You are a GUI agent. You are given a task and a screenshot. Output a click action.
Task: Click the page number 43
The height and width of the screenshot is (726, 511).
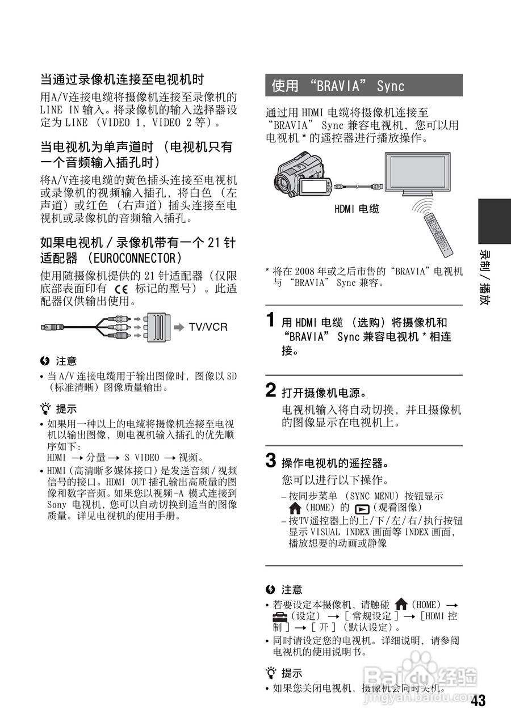click(x=478, y=701)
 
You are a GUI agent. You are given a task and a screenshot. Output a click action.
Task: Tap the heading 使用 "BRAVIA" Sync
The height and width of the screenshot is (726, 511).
click(x=338, y=86)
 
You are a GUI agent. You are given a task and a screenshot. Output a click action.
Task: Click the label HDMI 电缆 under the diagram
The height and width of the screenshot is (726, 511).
click(x=357, y=209)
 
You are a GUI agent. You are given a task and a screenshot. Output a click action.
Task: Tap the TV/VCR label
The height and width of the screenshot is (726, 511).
click(x=208, y=327)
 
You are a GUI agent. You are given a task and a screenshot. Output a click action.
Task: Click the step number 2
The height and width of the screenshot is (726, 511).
click(x=272, y=390)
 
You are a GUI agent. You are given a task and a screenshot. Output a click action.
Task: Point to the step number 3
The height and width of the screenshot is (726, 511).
click(x=272, y=460)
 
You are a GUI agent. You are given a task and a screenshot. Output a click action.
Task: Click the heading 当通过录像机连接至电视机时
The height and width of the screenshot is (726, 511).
click(x=122, y=78)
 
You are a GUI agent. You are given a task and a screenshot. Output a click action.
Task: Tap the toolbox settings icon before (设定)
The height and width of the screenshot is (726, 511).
click(x=279, y=616)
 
